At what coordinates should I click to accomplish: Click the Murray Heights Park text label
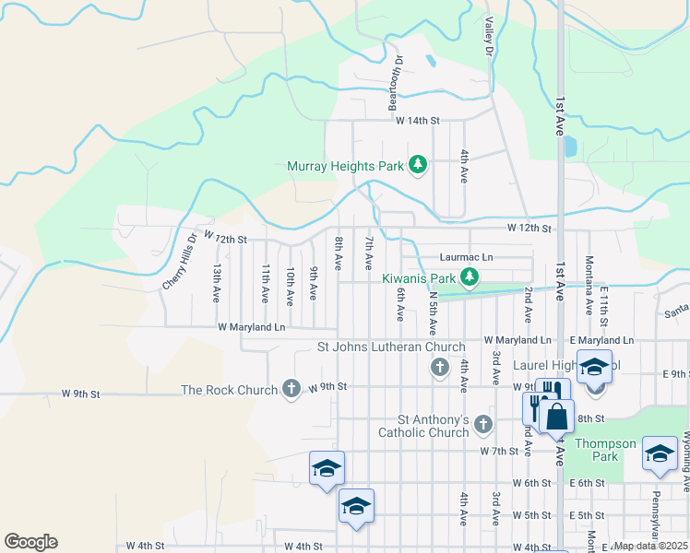[x=346, y=166]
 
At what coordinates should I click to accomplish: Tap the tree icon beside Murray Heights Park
[x=418, y=165]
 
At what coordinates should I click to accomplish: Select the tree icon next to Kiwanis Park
[x=470, y=276]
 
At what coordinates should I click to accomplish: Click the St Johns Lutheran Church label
[x=391, y=347]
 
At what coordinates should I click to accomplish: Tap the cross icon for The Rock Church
[x=291, y=388]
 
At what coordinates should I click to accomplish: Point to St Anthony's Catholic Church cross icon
[x=482, y=424]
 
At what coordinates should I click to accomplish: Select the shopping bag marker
[x=557, y=417]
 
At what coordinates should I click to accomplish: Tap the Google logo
[x=30, y=542]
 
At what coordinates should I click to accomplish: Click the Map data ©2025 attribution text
[x=649, y=546]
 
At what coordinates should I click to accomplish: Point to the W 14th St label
[x=418, y=121]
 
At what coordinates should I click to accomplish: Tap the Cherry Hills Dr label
[x=180, y=261]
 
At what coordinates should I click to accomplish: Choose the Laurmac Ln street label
[x=467, y=257]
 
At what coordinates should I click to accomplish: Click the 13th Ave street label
[x=217, y=284]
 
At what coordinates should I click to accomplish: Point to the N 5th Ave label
[x=434, y=314]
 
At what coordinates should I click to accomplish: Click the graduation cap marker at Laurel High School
[x=594, y=366]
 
